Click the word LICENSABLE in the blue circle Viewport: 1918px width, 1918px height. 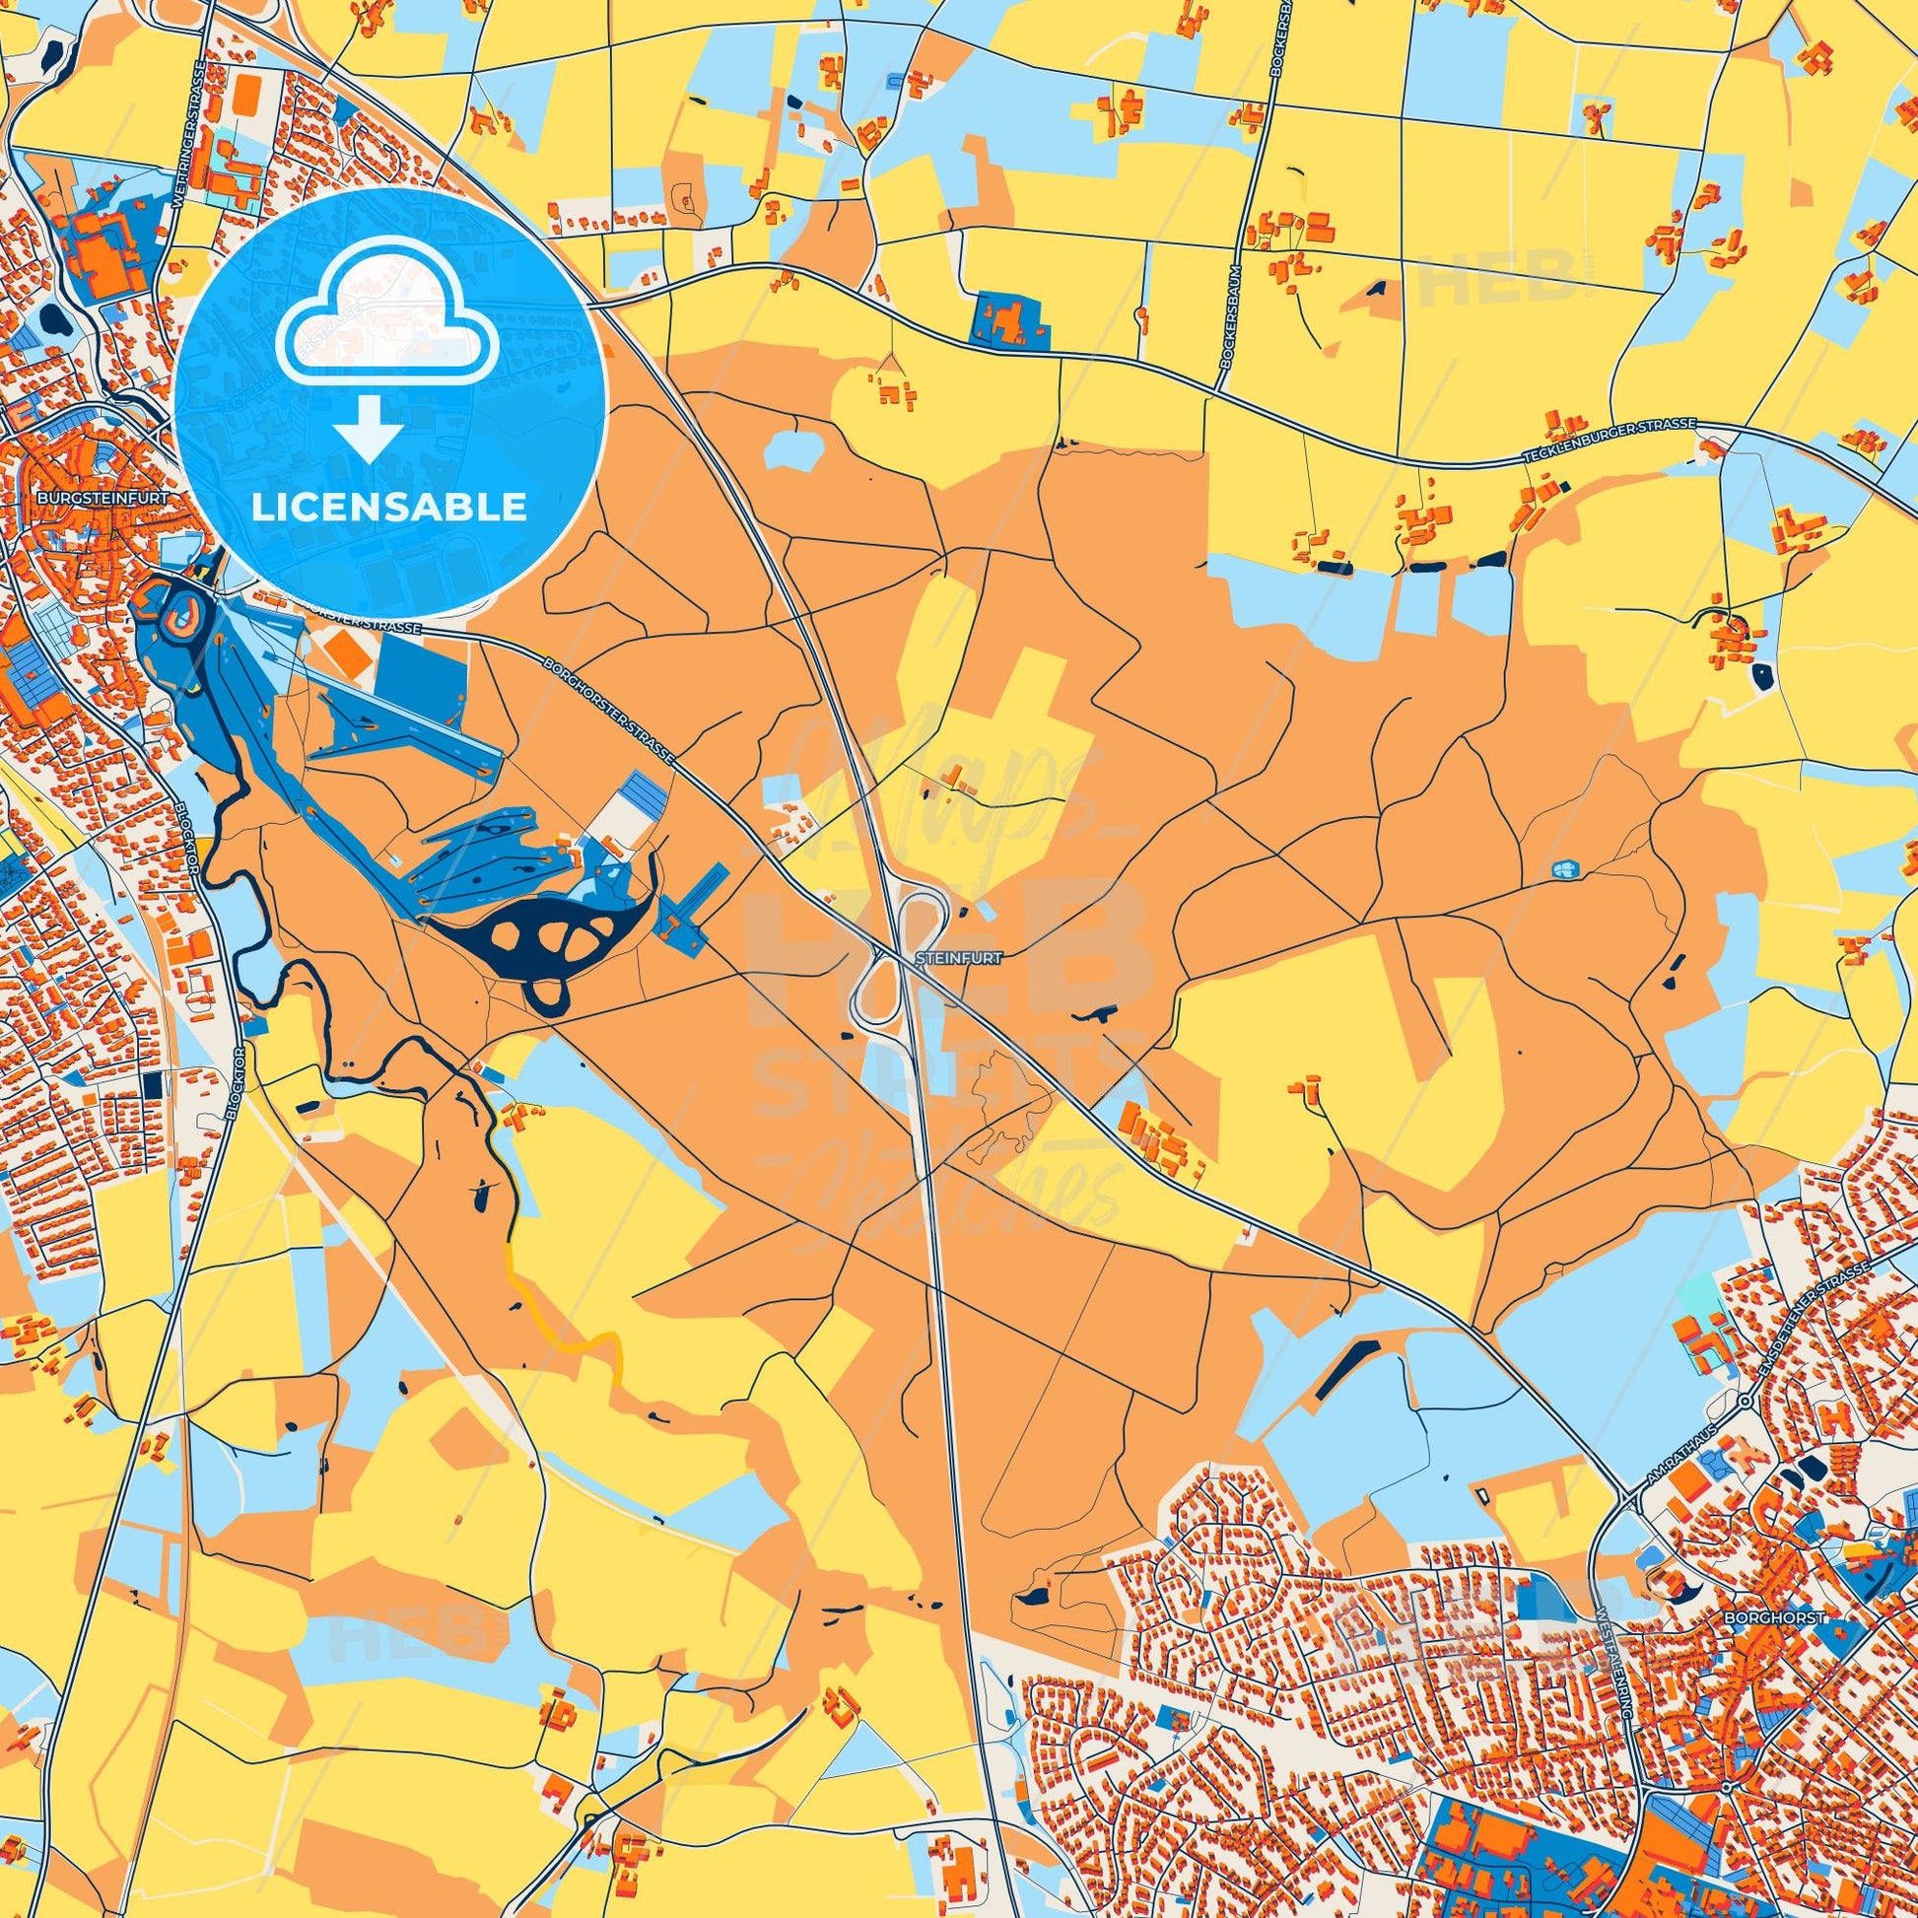click(x=388, y=508)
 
